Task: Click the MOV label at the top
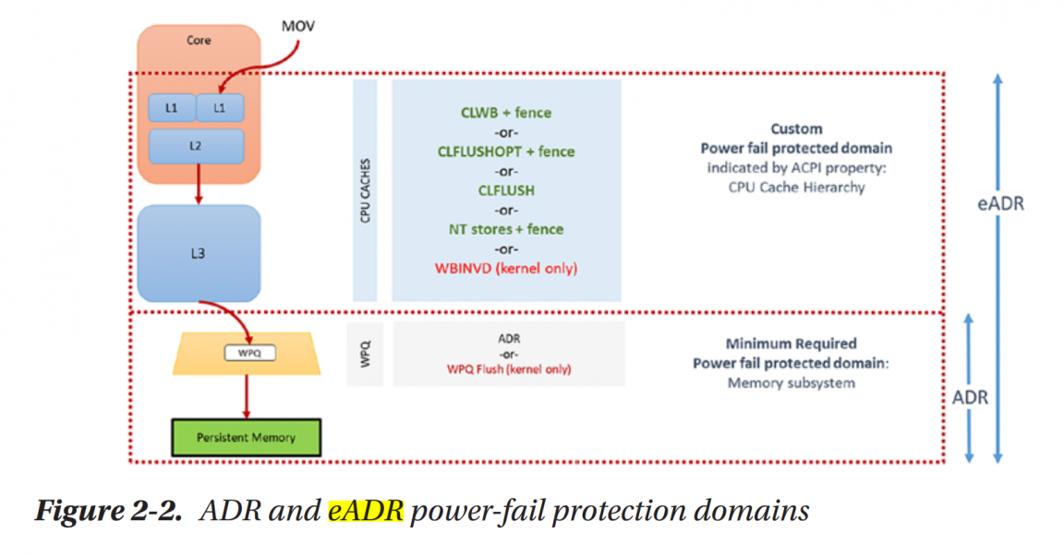(x=297, y=27)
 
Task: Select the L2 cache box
(x=197, y=146)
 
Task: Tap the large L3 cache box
(x=198, y=253)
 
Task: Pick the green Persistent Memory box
(x=246, y=437)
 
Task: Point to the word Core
(x=199, y=41)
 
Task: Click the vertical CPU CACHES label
(x=365, y=189)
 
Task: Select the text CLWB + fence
(x=506, y=113)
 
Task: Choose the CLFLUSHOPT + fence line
(x=506, y=151)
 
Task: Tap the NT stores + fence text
(x=506, y=229)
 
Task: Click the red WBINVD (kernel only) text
(x=506, y=268)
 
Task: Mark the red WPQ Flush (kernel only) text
(x=509, y=369)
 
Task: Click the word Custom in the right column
(x=796, y=129)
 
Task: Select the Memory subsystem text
(x=791, y=382)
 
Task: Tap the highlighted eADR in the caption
(x=366, y=512)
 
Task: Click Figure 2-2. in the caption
(x=107, y=512)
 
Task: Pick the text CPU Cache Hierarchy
(x=796, y=188)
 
